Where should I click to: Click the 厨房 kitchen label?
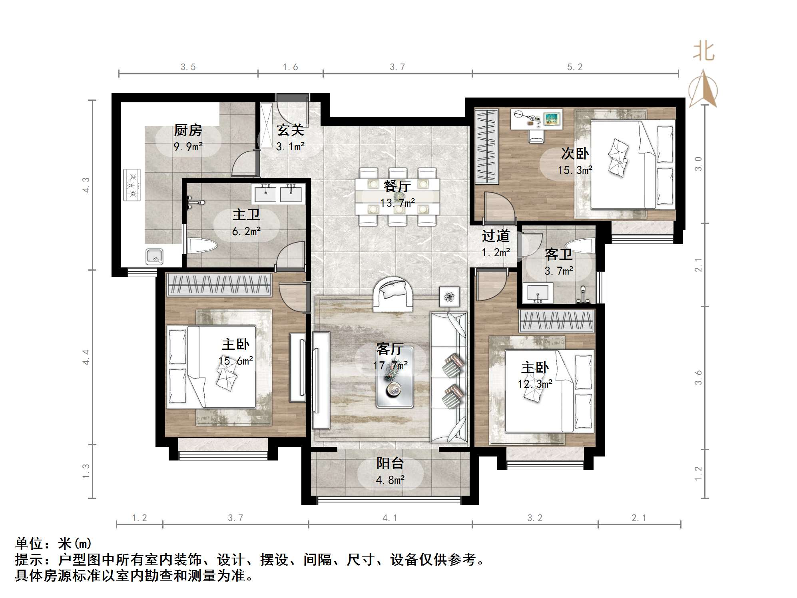pyautogui.click(x=187, y=130)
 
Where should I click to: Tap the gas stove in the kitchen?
pyautogui.click(x=132, y=185)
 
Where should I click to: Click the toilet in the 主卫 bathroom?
pyautogui.click(x=202, y=245)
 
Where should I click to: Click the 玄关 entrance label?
pyautogui.click(x=291, y=130)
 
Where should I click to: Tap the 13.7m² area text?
pyautogui.click(x=397, y=203)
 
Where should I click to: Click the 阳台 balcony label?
pyautogui.click(x=390, y=463)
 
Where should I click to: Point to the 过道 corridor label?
pyautogui.click(x=496, y=236)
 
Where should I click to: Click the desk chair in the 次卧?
pyautogui.click(x=536, y=135)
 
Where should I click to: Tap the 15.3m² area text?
pyautogui.click(x=575, y=170)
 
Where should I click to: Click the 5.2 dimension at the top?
pyautogui.click(x=575, y=67)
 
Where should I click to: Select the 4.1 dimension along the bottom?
pyautogui.click(x=390, y=518)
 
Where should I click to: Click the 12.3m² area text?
pyautogui.click(x=535, y=384)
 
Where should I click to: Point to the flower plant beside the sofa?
pyautogui.click(x=450, y=297)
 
